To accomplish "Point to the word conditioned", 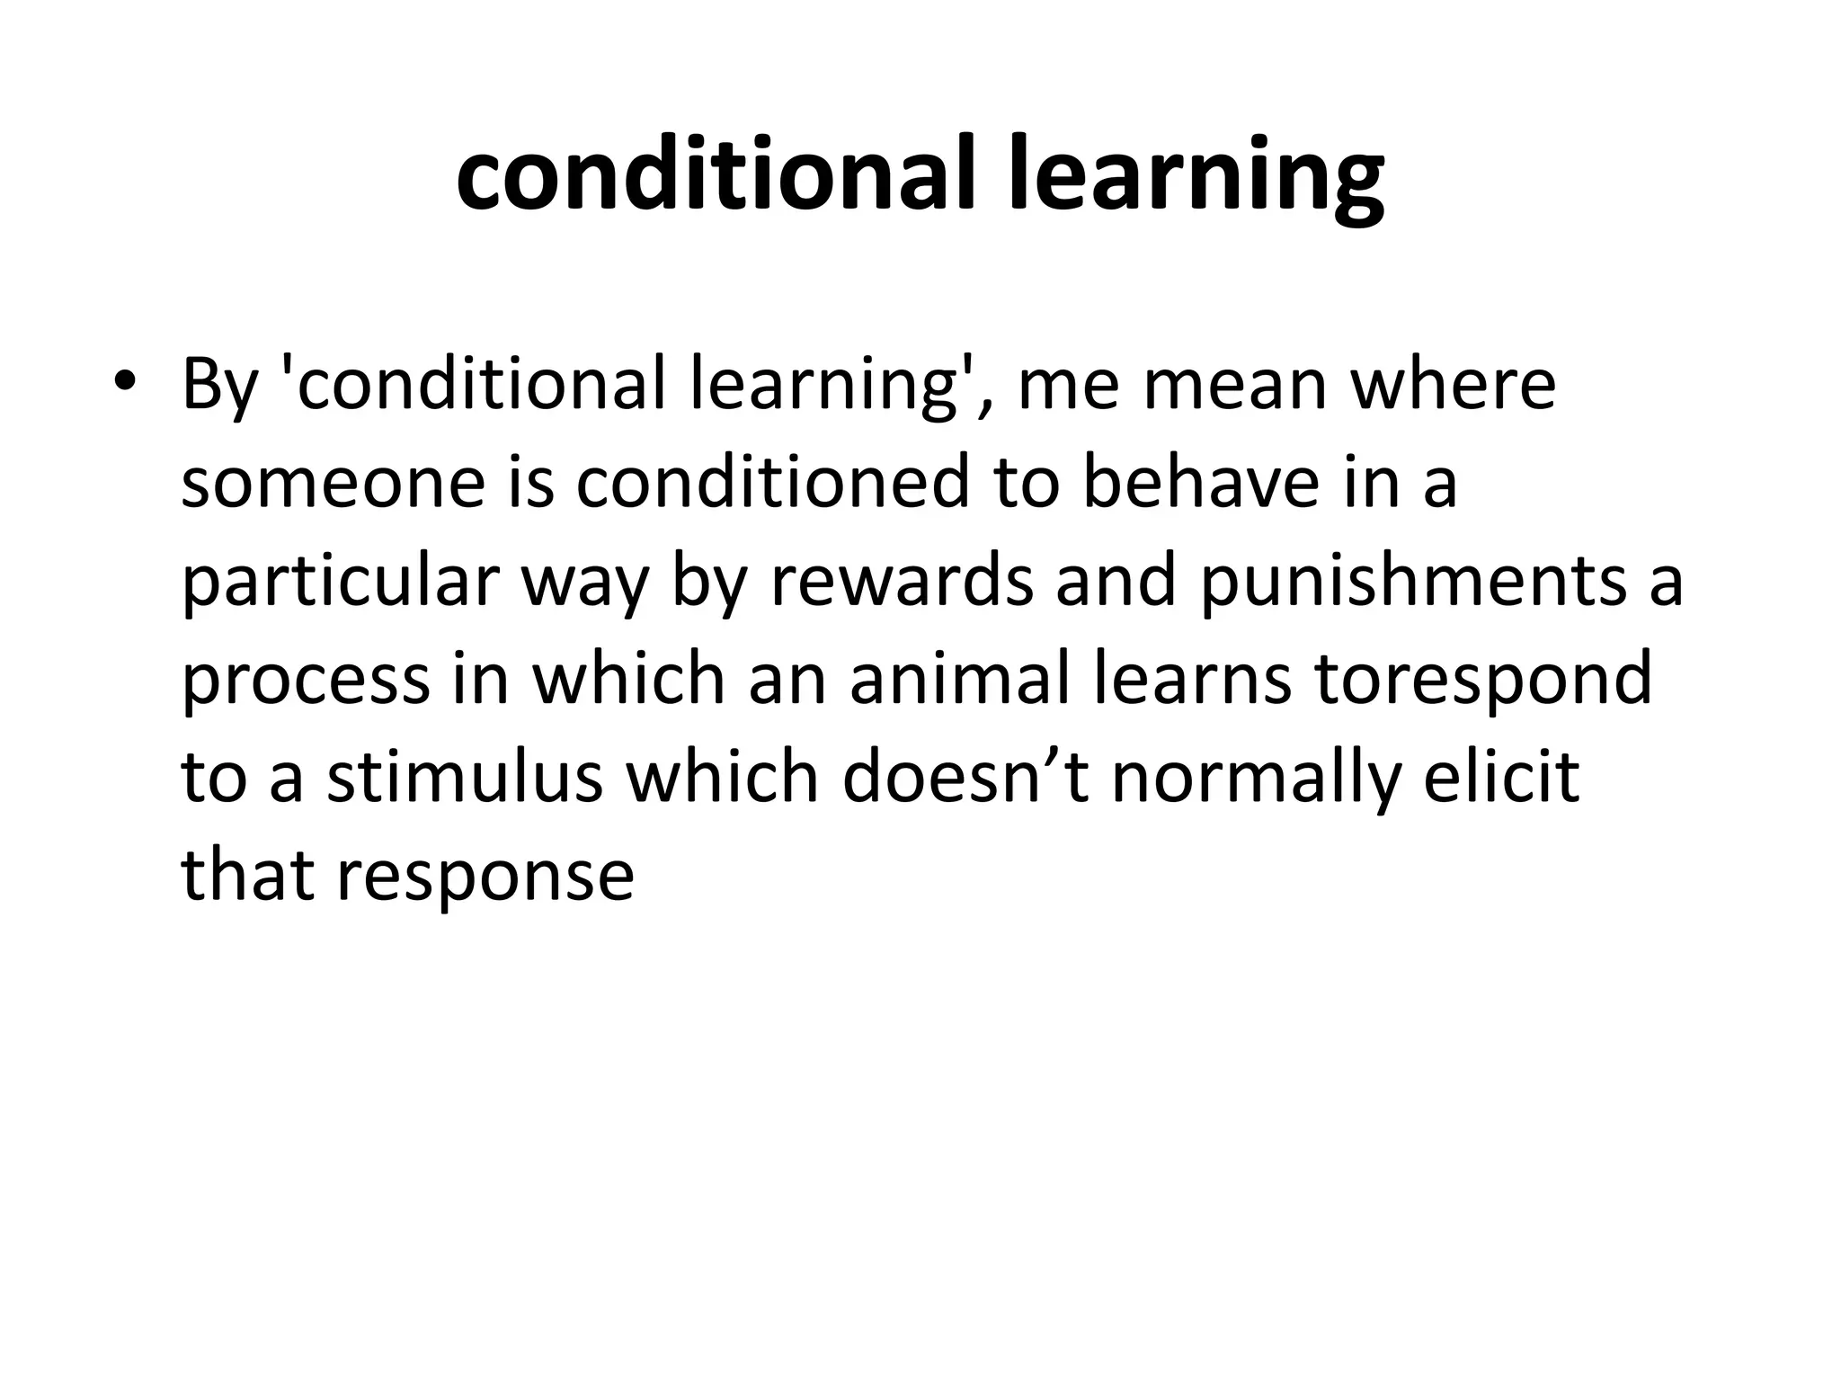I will click(x=773, y=483).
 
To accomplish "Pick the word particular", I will click(x=340, y=583).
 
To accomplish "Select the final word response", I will click(x=485, y=878).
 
